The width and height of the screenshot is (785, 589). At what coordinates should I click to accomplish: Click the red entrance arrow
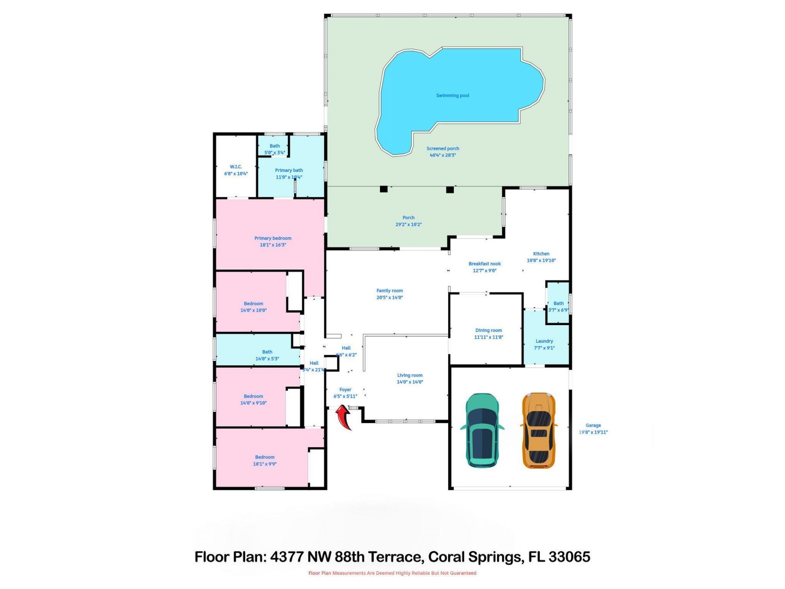tap(344, 417)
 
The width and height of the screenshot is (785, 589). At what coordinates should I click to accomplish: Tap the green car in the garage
tap(482, 430)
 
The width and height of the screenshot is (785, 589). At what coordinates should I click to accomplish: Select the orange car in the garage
tap(538, 430)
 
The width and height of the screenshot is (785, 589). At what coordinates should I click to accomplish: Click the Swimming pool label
tap(453, 96)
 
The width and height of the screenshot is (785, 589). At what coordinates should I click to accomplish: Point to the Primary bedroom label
tap(273, 238)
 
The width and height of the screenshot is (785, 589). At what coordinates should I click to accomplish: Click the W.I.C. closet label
tap(236, 167)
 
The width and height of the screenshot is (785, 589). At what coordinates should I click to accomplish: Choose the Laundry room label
tap(544, 341)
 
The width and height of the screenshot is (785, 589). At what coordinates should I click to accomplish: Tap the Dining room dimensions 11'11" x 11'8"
tap(489, 337)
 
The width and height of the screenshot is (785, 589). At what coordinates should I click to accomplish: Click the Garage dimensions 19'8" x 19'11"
tap(593, 432)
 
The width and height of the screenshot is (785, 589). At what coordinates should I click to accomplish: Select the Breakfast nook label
tap(484, 264)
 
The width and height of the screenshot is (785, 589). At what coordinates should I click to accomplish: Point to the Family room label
tap(390, 291)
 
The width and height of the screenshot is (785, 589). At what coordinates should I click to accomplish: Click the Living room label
tap(410, 375)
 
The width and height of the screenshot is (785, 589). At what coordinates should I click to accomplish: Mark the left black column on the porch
tap(384, 189)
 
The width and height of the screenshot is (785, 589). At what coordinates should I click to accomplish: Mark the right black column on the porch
tap(450, 189)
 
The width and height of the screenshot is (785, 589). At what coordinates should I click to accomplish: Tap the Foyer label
tap(345, 390)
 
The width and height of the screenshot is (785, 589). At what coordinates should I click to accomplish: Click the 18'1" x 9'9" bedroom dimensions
tap(265, 464)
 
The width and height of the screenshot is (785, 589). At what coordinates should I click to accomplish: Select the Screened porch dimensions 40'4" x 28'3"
tap(443, 155)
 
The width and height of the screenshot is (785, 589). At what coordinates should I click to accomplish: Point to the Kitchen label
tap(541, 254)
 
